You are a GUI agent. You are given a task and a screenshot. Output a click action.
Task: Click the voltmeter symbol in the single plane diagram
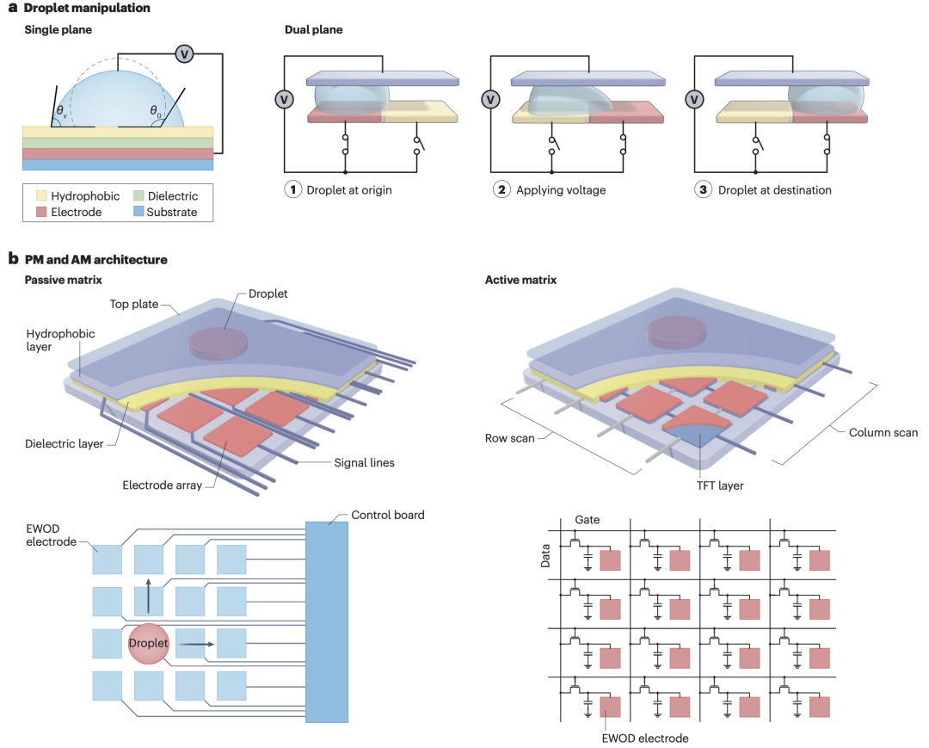184,54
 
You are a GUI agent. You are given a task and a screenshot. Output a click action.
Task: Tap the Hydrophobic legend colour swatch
41,195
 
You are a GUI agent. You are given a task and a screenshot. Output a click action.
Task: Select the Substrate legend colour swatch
138,211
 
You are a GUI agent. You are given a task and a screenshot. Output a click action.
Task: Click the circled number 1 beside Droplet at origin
292,189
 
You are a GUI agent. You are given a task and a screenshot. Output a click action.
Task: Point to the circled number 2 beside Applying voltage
501,189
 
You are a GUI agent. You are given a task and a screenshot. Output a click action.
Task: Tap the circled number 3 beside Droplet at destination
703,189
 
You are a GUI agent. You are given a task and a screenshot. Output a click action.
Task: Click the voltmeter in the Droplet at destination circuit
694,99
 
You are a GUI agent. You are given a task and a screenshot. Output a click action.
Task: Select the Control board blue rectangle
327,621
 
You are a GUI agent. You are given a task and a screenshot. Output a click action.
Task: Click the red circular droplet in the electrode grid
149,644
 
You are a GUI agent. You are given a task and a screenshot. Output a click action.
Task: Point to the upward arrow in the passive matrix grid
148,596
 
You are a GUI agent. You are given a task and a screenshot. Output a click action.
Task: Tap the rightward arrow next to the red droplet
197,644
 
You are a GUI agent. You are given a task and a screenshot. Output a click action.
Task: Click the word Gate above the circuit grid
588,519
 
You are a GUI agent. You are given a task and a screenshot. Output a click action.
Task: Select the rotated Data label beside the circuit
545,556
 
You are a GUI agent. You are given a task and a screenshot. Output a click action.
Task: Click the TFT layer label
720,485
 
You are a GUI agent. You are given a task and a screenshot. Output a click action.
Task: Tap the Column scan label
883,432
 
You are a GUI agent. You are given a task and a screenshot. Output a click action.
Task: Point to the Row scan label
509,438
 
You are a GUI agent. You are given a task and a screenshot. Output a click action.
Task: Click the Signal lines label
365,463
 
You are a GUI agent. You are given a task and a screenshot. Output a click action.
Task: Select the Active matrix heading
520,280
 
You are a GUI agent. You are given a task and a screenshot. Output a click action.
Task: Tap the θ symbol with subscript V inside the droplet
62,111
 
